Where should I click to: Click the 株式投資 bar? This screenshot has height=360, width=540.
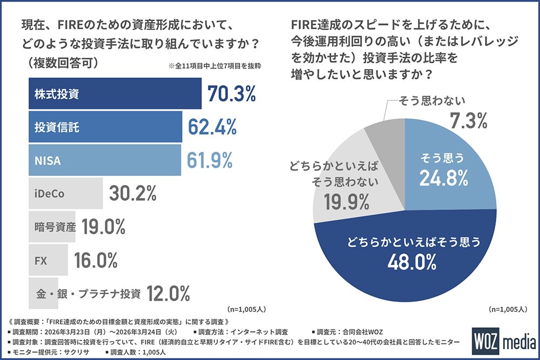(x=113, y=94)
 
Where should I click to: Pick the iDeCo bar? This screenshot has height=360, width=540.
(x=64, y=193)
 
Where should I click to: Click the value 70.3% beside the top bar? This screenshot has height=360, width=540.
(x=231, y=94)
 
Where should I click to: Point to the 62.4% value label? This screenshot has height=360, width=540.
(x=212, y=127)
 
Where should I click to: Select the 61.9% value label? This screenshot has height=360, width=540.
(x=210, y=160)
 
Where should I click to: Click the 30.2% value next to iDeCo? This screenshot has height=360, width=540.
(x=133, y=193)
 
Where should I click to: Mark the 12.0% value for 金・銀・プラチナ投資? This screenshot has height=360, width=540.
(x=168, y=294)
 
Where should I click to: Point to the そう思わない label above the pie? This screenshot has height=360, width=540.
(x=432, y=101)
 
